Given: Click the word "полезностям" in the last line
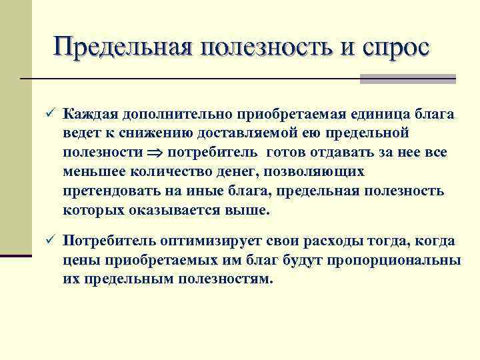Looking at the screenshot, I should click(x=226, y=279).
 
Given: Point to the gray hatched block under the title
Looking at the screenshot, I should click(x=407, y=79).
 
